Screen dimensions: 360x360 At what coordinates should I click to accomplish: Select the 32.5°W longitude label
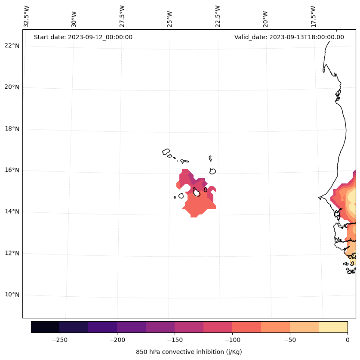click(x=26, y=16)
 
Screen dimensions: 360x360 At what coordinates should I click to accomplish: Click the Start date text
click(x=83, y=37)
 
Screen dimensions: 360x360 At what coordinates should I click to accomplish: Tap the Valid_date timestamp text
click(x=289, y=37)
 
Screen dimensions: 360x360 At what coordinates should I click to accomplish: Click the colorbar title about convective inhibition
click(x=189, y=352)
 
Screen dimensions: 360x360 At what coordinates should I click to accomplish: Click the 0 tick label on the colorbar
click(x=347, y=340)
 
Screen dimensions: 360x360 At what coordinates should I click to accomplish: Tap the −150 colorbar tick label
click(x=175, y=340)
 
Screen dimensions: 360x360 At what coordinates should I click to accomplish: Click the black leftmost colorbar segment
click(x=45, y=327)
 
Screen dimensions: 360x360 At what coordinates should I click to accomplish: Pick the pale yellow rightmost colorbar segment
click(x=333, y=327)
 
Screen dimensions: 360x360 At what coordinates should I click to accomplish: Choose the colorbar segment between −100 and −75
click(x=246, y=327)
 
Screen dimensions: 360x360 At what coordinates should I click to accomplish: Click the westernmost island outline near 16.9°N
click(x=166, y=152)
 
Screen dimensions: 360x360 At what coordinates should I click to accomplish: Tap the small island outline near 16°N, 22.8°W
click(x=212, y=171)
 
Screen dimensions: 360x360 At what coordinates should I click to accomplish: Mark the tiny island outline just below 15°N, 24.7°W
click(x=175, y=198)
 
